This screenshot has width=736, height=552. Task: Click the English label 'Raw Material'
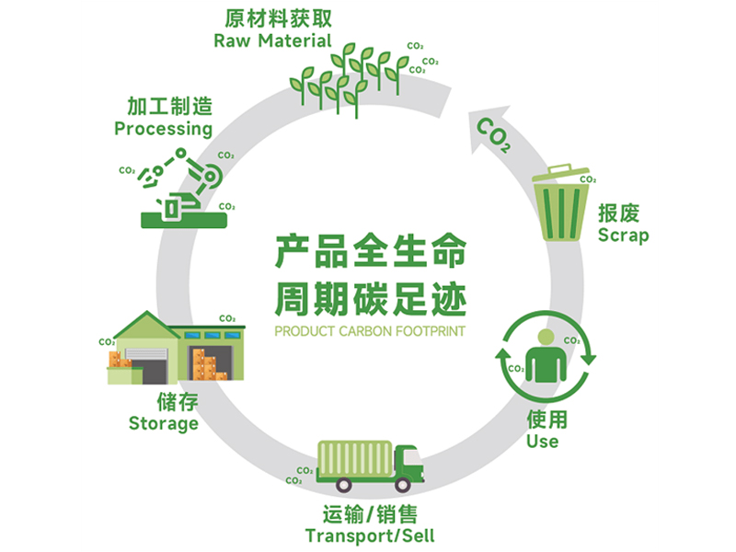tap(271, 41)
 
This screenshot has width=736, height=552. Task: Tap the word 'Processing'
tap(163, 130)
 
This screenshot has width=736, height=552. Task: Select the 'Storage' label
tap(163, 424)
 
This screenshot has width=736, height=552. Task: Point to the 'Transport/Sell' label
tap(370, 536)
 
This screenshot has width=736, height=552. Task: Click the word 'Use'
tap(542, 442)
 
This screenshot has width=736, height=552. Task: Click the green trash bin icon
tap(560, 203)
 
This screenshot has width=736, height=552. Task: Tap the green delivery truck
tap(368, 467)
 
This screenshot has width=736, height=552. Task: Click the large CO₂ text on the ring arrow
tap(496, 136)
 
